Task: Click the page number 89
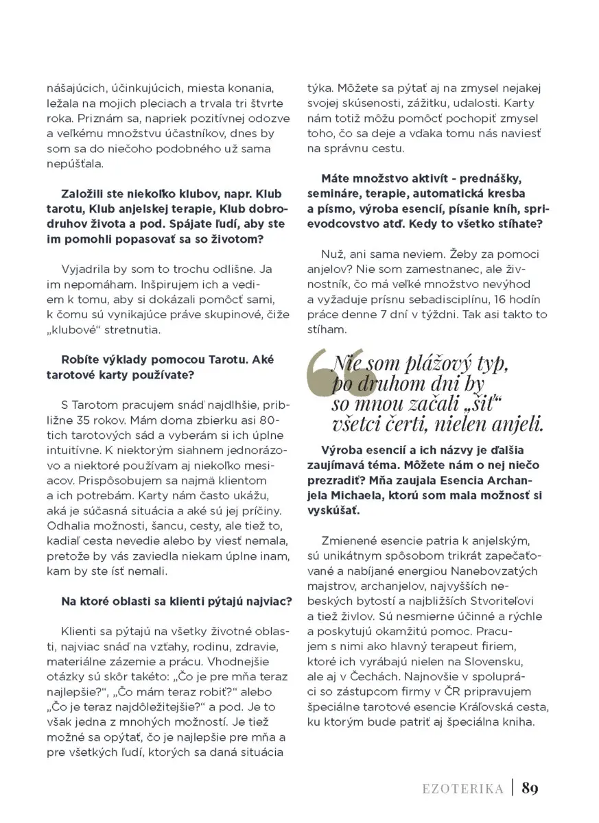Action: tap(530, 788)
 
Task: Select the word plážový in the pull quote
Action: tap(434, 363)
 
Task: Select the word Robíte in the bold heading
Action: tap(79, 359)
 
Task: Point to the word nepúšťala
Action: tap(73, 165)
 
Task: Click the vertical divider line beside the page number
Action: tap(512, 788)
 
